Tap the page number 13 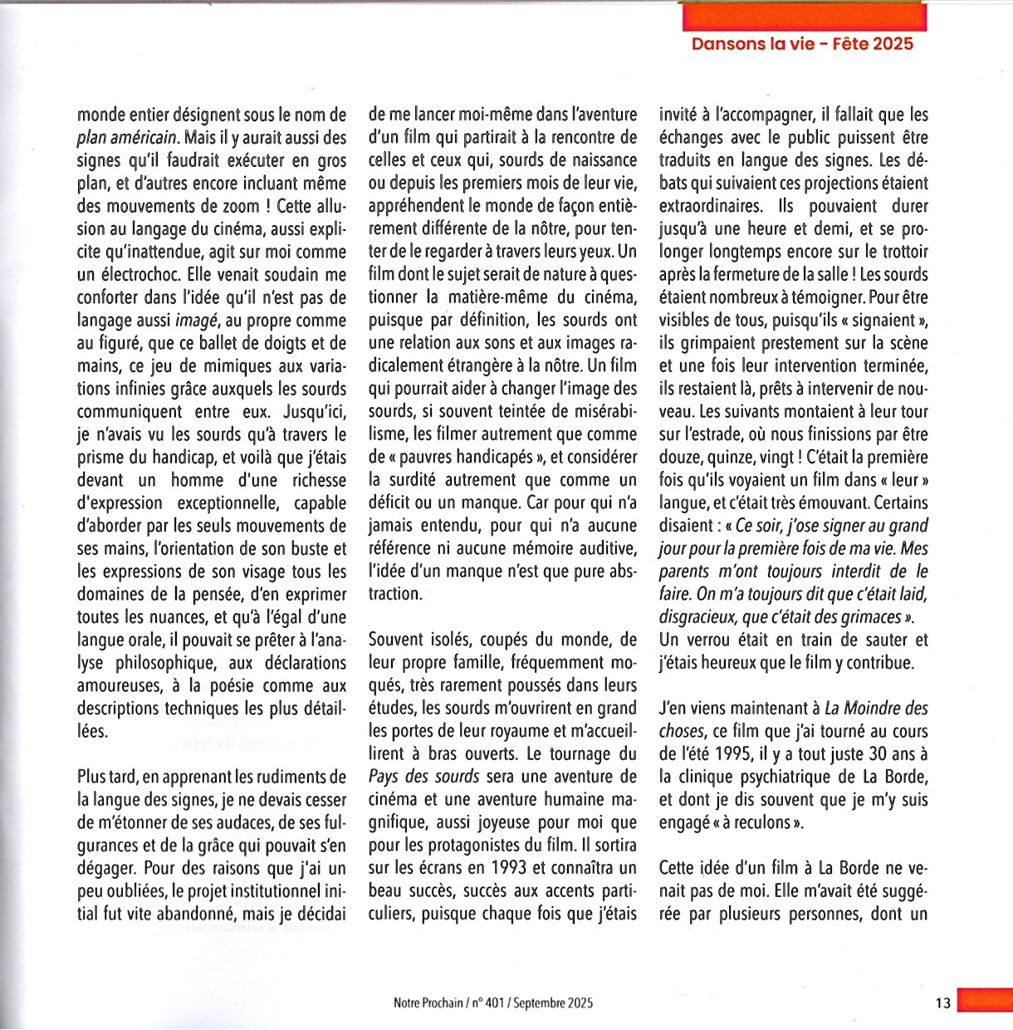click(x=942, y=1003)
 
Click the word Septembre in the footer click(x=540, y=1003)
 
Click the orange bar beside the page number click(x=985, y=1000)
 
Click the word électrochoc click(x=139, y=275)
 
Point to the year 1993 click(x=509, y=869)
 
